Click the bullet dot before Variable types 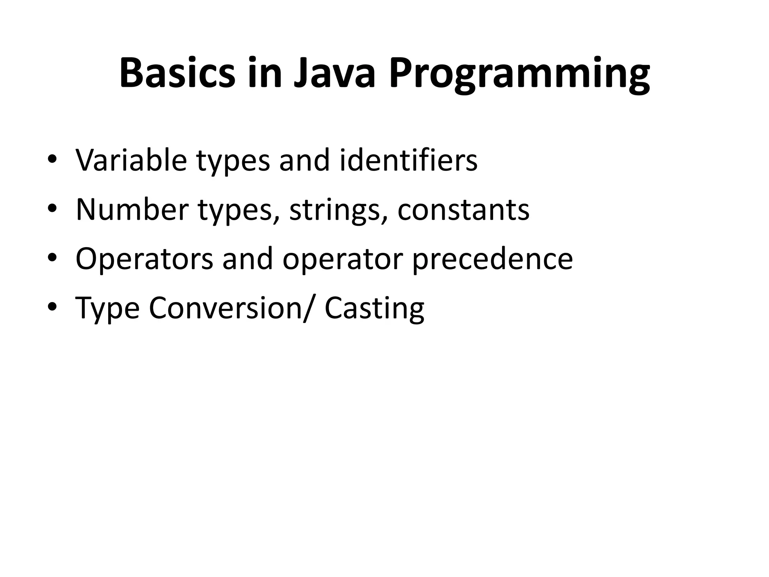52,159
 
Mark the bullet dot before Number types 52,209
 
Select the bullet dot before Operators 52,258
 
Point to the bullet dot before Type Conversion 52,307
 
